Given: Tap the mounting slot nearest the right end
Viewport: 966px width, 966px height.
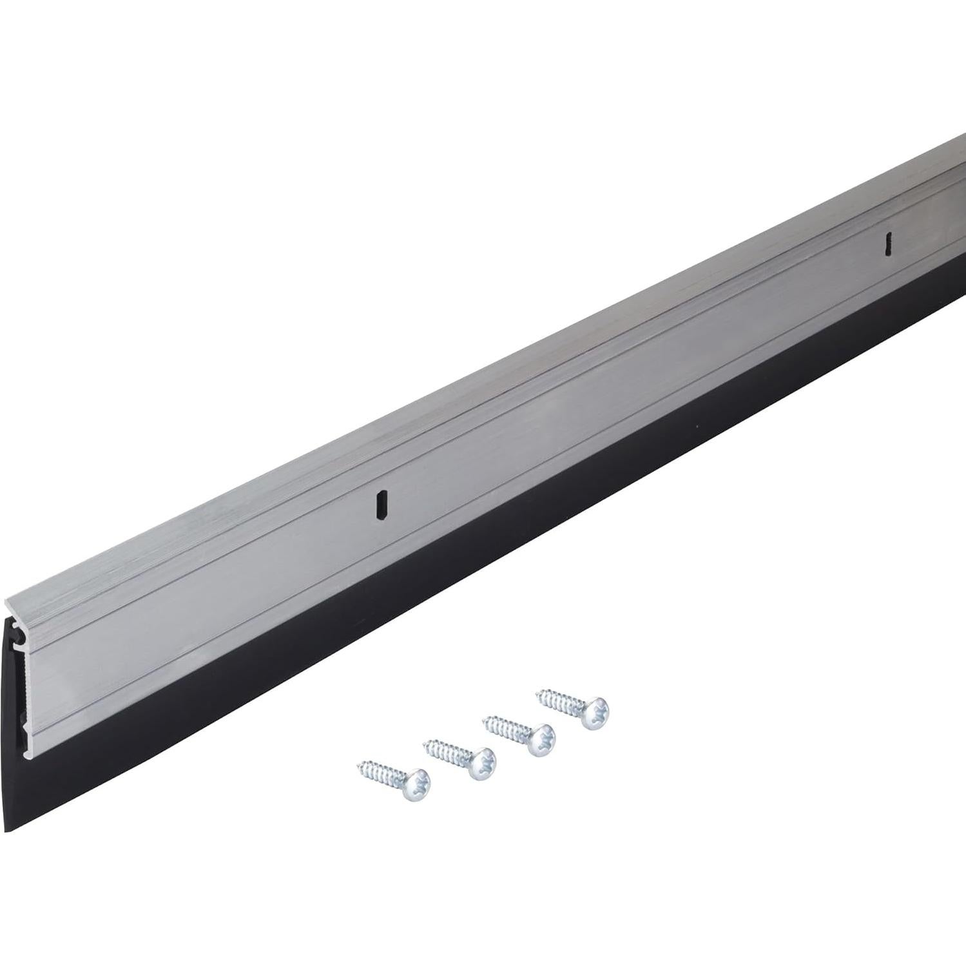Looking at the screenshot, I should click(x=888, y=243).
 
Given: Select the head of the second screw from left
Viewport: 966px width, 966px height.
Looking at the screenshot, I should click(x=481, y=765).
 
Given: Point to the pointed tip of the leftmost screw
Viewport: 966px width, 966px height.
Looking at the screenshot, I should click(x=358, y=765).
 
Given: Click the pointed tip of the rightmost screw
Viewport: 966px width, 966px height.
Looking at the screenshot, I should click(x=538, y=695).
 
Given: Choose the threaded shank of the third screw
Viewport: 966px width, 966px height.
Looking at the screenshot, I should click(x=509, y=728).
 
